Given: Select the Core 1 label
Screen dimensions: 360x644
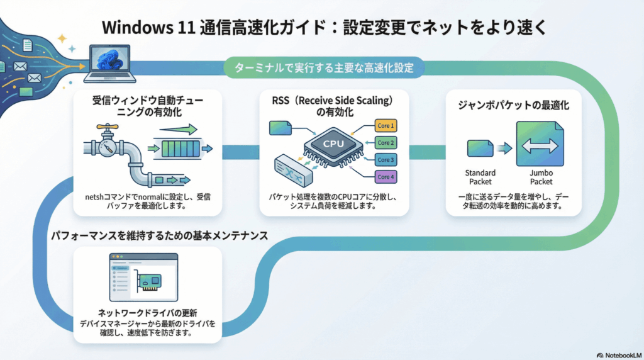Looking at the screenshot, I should coord(386,125).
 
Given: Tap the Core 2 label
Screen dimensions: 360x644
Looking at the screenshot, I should coord(386,142).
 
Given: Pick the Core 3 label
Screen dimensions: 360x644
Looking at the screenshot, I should coord(386,159).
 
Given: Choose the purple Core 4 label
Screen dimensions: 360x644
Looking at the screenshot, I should coord(386,176).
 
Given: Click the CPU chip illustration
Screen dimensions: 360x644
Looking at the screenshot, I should coord(333,144).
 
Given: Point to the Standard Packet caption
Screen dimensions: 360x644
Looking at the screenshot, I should coord(480,177).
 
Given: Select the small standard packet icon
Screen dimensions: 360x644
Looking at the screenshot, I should coord(480,149).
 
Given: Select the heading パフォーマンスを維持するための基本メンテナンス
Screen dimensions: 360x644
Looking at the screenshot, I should coord(160,235).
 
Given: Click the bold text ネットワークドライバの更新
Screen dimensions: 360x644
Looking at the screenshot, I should coord(148,313).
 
